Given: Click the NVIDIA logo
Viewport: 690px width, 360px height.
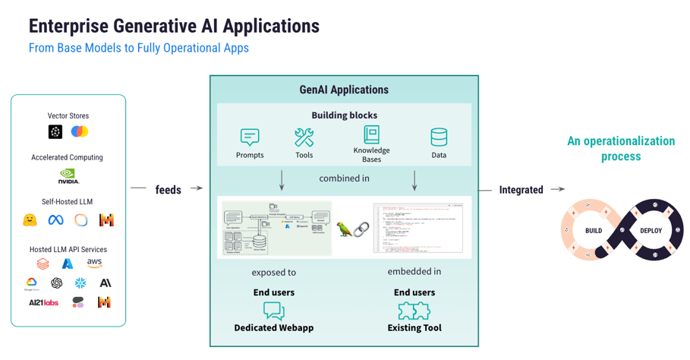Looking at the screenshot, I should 68,176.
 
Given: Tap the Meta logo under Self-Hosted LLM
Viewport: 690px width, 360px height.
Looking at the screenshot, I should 55,220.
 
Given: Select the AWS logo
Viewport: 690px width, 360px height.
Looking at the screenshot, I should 94,263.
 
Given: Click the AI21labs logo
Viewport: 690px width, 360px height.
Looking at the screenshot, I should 43,302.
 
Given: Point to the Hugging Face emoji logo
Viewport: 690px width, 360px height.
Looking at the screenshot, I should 30,220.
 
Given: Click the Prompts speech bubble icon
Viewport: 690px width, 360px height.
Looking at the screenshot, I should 250,137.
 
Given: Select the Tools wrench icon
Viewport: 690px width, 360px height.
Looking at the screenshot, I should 304,137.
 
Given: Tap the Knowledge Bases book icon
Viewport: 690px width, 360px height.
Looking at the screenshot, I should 371,134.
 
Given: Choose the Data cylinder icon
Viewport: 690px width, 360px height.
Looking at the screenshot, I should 439,137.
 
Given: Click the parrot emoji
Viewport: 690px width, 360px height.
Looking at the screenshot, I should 345,229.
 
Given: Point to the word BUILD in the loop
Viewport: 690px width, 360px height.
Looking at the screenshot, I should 594,231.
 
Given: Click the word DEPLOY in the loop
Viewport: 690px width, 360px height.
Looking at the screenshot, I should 651,231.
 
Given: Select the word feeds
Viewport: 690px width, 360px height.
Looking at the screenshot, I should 168,190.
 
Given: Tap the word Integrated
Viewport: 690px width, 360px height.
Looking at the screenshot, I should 521,190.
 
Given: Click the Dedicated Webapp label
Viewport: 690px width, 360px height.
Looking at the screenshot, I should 273,328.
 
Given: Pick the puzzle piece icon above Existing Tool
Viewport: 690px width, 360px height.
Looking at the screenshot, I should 414,310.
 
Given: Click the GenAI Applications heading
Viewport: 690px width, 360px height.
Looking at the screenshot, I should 344,90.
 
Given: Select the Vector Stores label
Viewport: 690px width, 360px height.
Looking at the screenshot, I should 68,116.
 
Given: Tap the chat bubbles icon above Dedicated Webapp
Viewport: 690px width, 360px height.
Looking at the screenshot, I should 273,310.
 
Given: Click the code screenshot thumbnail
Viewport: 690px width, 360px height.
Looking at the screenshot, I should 417,227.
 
